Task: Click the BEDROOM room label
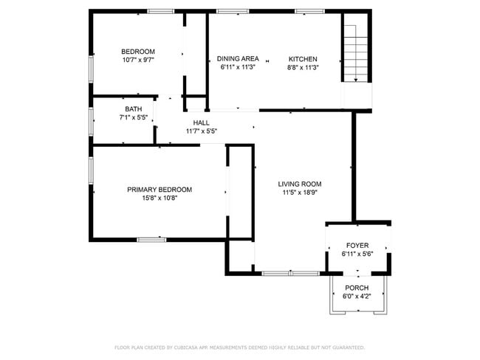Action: tap(137, 52)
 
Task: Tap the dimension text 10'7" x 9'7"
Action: tap(137, 60)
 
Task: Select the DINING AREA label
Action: tap(238, 59)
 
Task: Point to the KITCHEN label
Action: tap(303, 59)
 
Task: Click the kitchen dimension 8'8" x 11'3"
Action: tap(303, 68)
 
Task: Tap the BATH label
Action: tap(133, 109)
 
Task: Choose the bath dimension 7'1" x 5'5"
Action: tap(133, 117)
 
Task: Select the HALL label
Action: tap(201, 123)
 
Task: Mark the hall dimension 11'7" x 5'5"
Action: tap(201, 131)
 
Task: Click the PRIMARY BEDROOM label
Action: tap(160, 190)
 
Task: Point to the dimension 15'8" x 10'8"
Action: tap(160, 198)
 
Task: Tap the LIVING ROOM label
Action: tap(300, 184)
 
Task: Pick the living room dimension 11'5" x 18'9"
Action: tap(300, 193)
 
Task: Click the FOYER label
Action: tap(357, 246)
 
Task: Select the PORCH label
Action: tap(357, 288)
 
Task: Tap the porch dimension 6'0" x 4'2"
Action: tap(357, 297)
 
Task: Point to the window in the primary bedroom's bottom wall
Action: tap(151, 239)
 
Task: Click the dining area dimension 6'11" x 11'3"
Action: tap(238, 68)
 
